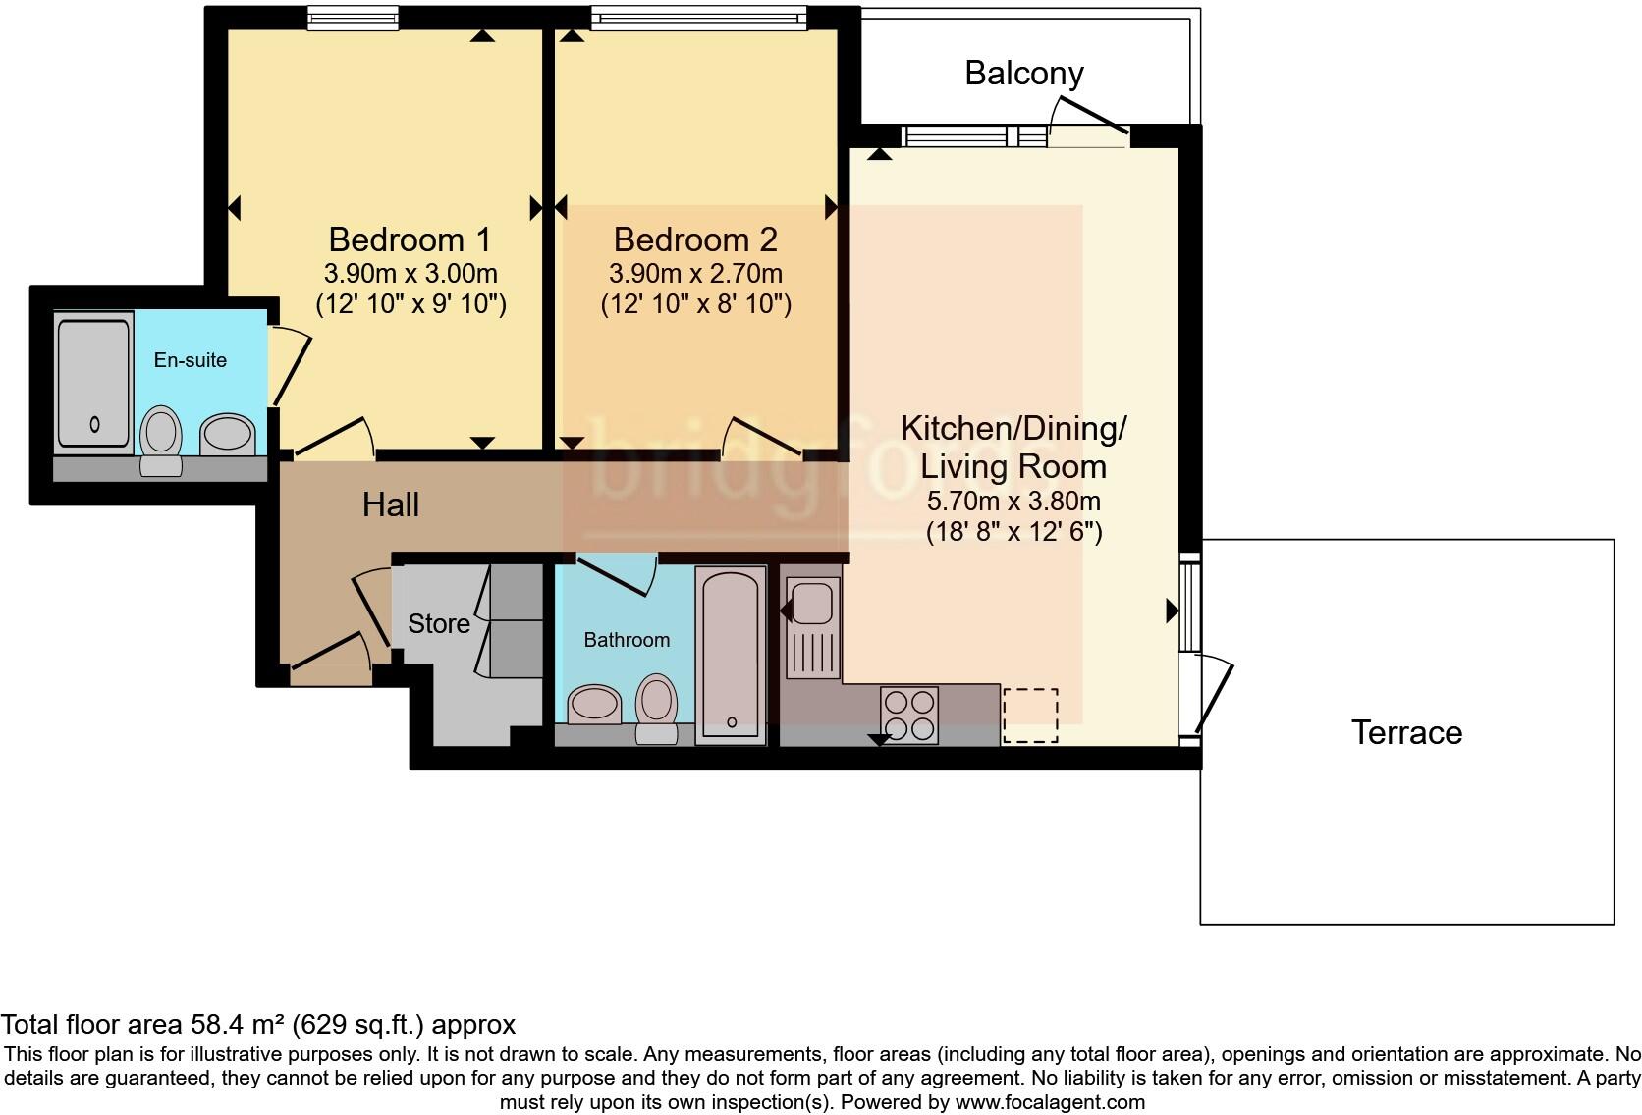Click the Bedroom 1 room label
click(410, 239)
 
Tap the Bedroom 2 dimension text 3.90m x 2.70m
click(695, 273)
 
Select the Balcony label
click(1023, 73)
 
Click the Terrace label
click(1406, 732)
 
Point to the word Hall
click(390, 504)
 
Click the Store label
click(438, 623)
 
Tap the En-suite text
click(191, 360)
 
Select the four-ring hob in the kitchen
click(908, 715)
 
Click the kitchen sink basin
click(812, 603)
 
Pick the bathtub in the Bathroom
click(731, 653)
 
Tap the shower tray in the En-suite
click(93, 383)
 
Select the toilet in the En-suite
click(161, 439)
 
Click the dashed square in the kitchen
click(1030, 715)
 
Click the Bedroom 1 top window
click(352, 17)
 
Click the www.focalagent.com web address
click(1049, 1102)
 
